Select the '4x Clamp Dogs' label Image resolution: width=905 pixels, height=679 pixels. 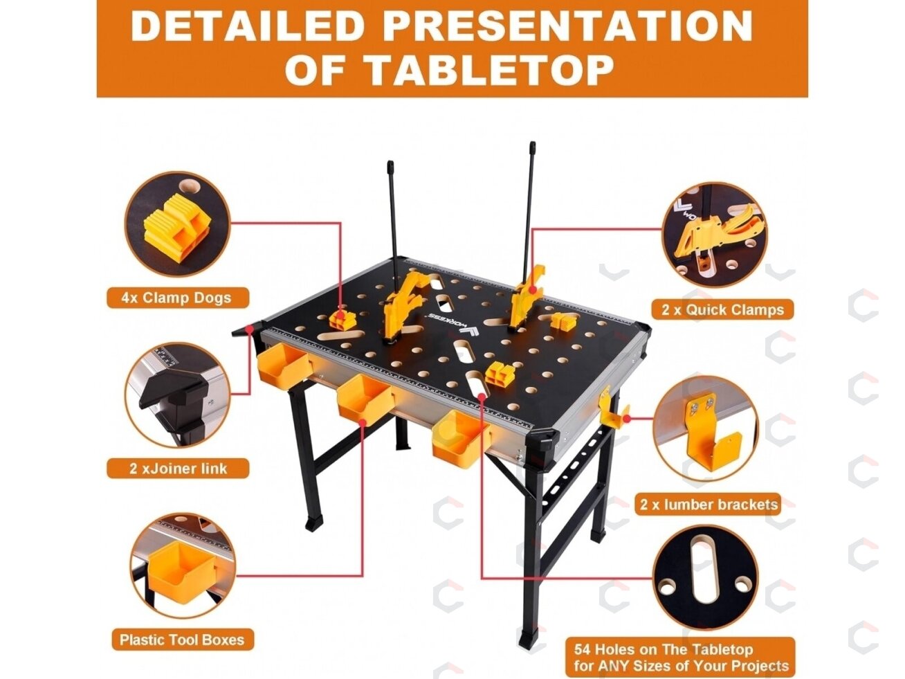(x=178, y=298)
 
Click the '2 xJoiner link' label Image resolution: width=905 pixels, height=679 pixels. (x=178, y=468)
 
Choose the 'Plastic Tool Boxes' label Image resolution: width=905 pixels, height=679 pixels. (x=182, y=640)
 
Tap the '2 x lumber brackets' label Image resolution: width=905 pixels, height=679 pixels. (x=709, y=505)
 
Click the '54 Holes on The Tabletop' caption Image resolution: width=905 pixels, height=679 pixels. (x=664, y=650)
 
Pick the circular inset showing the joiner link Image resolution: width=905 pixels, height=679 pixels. (x=178, y=395)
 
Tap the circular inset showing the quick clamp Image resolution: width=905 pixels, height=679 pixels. (x=715, y=235)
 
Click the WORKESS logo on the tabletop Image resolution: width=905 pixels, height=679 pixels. (x=452, y=322)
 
